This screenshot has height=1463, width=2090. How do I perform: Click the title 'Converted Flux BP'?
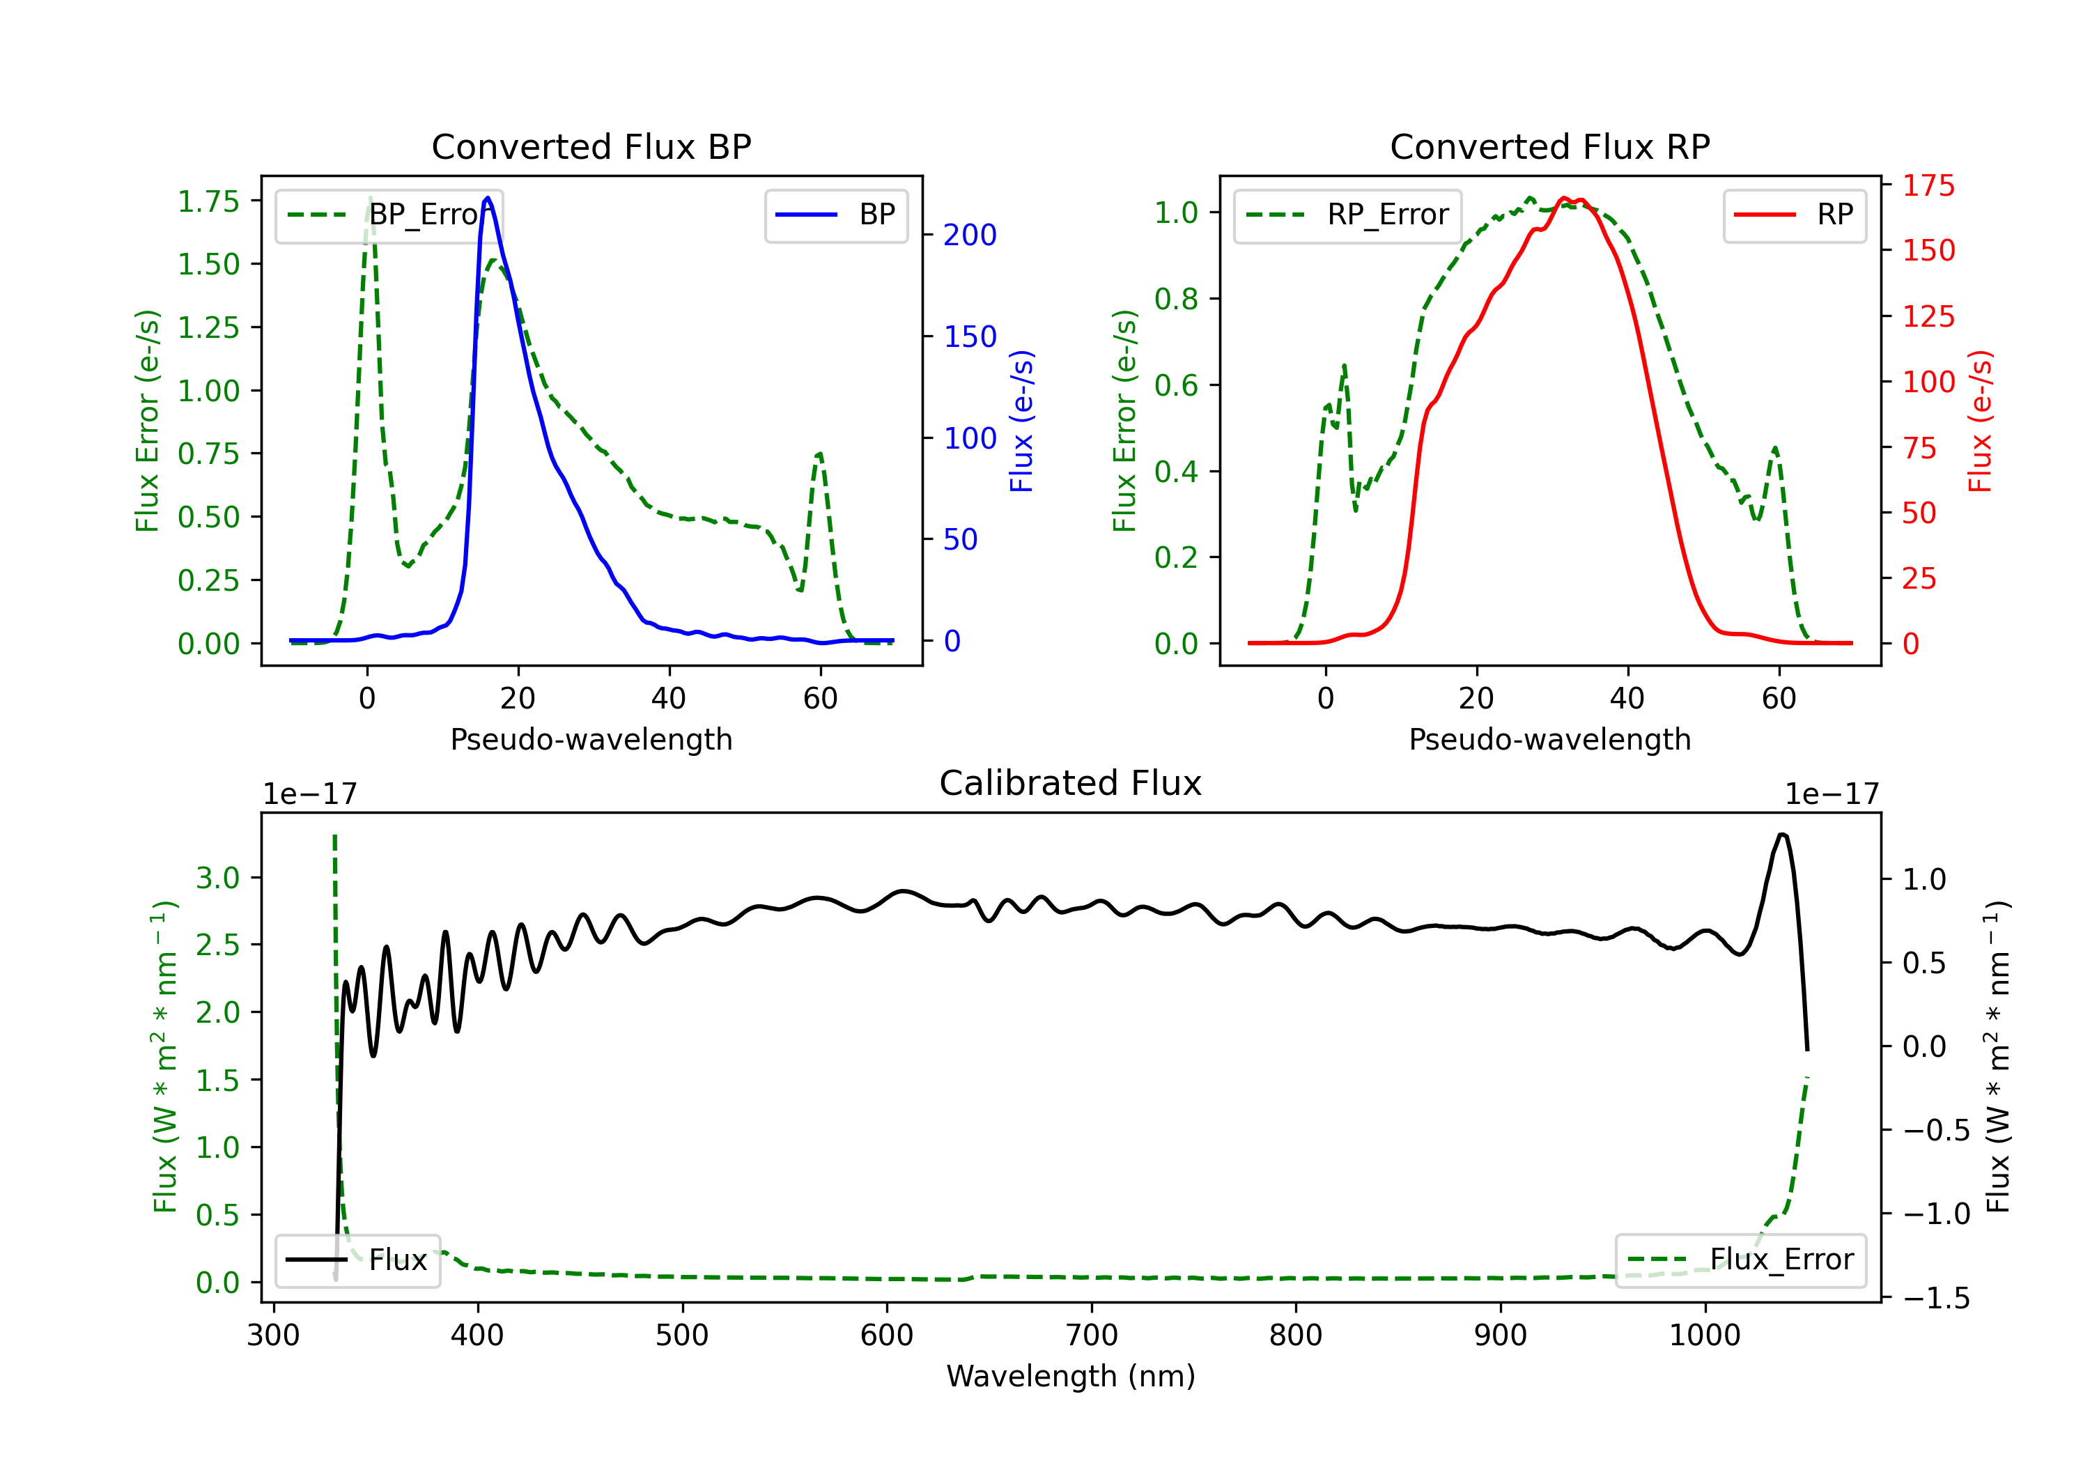(x=591, y=146)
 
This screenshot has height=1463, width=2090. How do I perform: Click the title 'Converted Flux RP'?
(x=1549, y=146)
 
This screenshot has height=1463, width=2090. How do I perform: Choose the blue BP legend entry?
(x=835, y=215)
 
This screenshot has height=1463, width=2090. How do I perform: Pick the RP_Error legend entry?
(x=1347, y=215)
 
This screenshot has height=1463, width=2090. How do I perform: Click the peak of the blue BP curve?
(x=488, y=198)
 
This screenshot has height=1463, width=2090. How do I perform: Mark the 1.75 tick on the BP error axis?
(x=208, y=201)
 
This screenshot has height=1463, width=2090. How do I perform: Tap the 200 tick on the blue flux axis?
(x=970, y=235)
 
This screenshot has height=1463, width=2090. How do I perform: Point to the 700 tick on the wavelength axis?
(x=1092, y=1336)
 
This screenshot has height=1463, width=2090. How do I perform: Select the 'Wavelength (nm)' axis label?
(x=1071, y=1376)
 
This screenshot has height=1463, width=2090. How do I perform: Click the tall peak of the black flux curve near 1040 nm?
(x=1781, y=835)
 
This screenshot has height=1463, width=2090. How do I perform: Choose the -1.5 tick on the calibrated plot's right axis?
(x=1935, y=1297)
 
